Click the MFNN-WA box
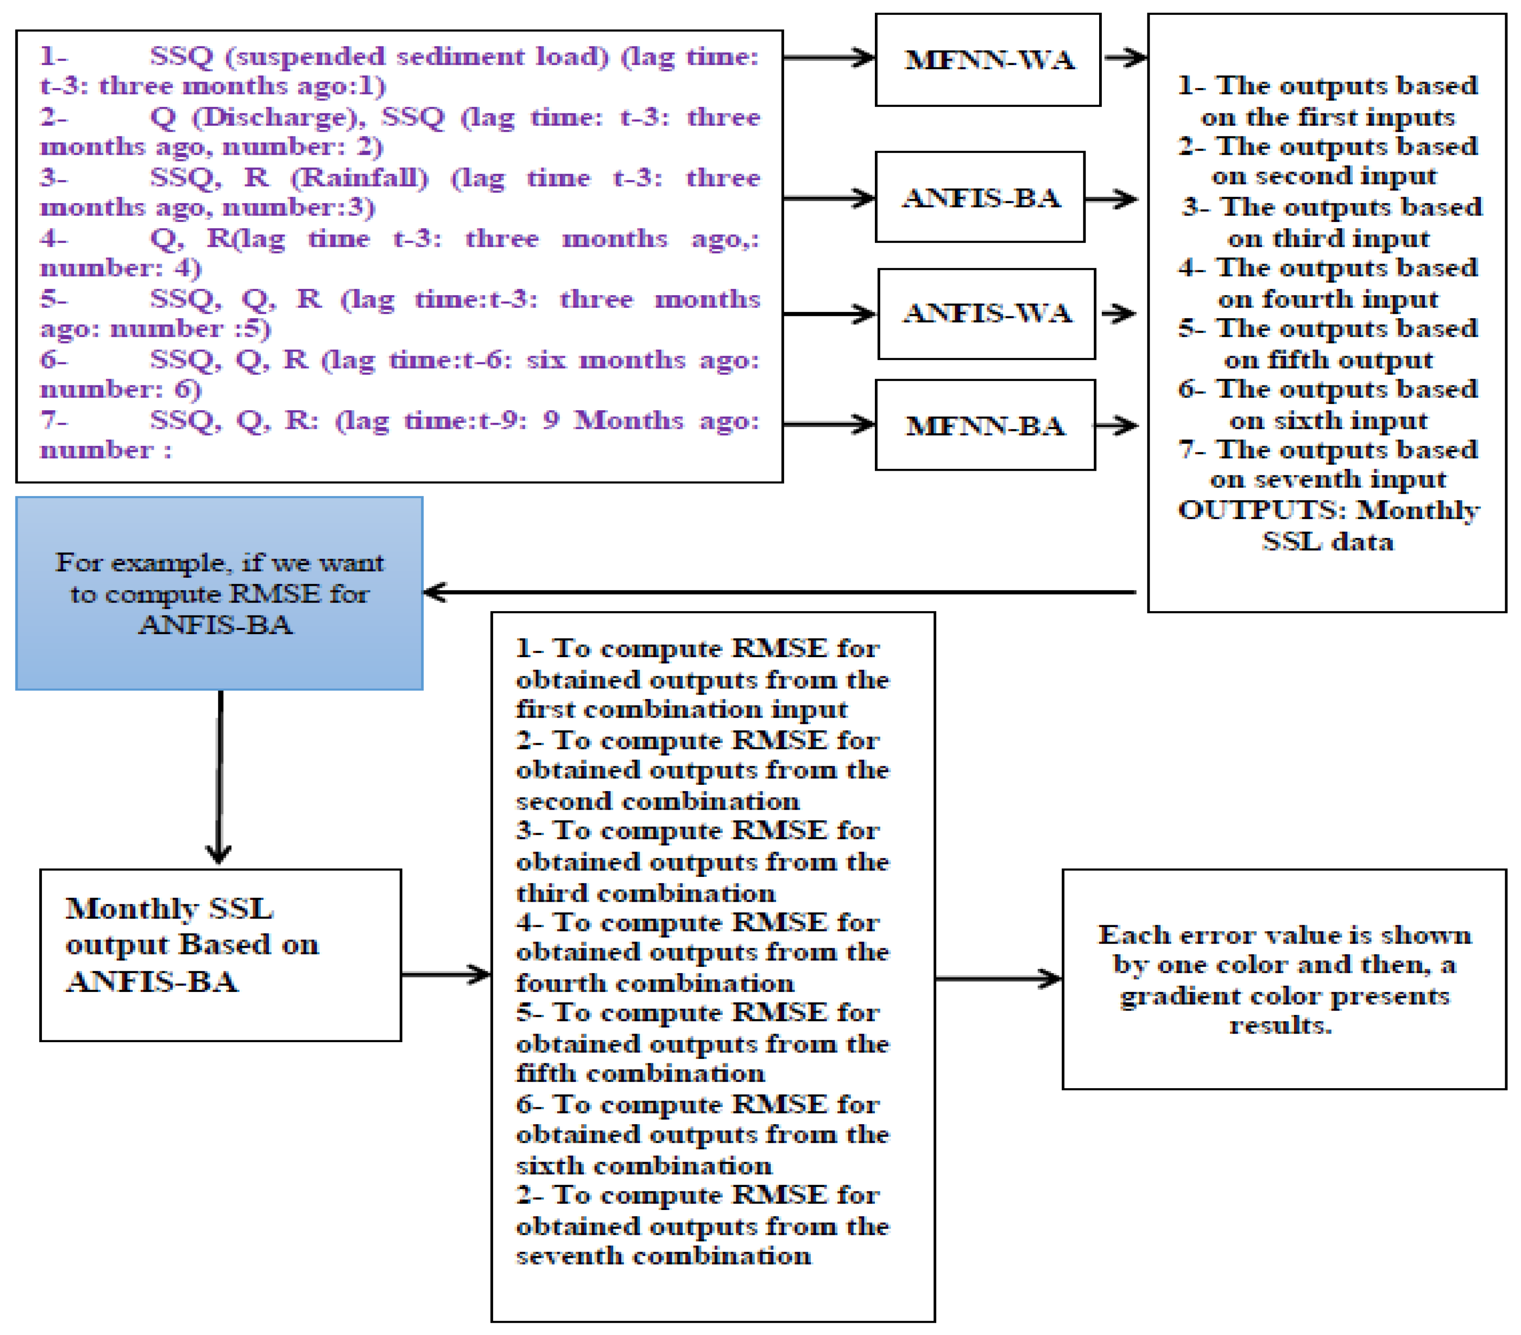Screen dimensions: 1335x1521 [988, 60]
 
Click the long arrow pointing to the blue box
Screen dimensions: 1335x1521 [781, 592]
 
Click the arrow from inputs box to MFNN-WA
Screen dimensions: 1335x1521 [828, 57]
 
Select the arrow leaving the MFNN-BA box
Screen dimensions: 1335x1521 [1116, 426]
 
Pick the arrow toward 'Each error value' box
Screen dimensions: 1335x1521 [997, 978]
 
